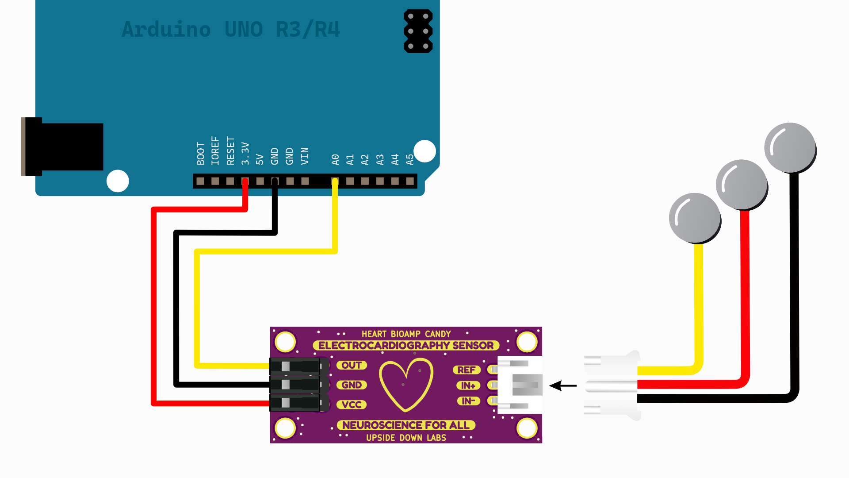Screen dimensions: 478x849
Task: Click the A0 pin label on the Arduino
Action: point(335,159)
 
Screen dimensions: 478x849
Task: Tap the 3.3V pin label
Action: point(245,154)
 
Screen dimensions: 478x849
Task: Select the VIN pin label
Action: point(305,156)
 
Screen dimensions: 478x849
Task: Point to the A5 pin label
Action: point(410,159)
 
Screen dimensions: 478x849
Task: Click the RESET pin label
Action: point(230,151)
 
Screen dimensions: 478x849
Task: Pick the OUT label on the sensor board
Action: point(352,365)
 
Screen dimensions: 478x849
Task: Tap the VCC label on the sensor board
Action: point(352,405)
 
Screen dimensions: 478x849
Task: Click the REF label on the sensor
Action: point(466,370)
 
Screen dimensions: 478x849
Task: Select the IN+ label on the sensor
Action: point(468,385)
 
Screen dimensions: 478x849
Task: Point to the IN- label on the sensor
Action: point(468,401)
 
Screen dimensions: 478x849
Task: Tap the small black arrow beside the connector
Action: point(562,385)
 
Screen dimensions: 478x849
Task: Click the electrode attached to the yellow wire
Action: point(695,218)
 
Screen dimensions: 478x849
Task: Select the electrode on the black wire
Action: point(790,148)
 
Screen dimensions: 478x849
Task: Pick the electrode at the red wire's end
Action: point(742,185)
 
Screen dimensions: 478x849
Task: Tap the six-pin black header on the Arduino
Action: point(418,31)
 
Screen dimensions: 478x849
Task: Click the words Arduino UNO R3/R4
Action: point(231,30)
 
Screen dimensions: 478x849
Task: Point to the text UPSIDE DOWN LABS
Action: point(406,438)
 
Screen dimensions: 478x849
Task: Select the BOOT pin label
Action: point(200,154)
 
